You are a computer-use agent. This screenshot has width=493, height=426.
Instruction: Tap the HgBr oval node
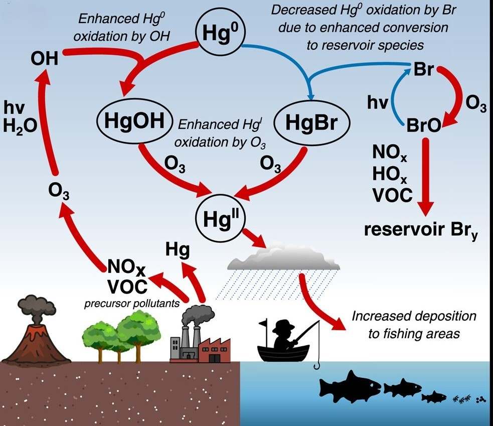tap(311, 121)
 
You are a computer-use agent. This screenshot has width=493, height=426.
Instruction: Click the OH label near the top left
tap(44, 59)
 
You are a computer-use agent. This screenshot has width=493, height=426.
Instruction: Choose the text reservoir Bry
tap(420, 230)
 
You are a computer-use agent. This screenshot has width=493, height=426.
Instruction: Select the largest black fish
tap(350, 386)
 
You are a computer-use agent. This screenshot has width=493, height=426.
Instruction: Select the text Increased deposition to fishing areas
tap(413, 325)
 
